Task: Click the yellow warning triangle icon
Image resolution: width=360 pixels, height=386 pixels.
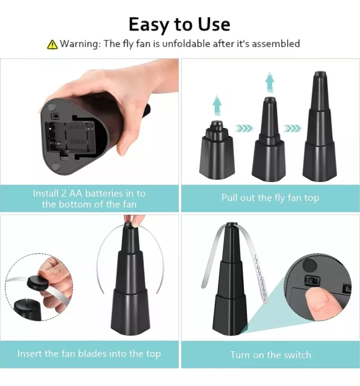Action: point(52,44)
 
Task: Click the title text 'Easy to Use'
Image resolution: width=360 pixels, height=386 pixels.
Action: point(179,24)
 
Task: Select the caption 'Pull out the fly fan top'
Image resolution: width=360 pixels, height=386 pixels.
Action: point(270,198)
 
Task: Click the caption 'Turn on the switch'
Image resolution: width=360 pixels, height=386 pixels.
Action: point(270,354)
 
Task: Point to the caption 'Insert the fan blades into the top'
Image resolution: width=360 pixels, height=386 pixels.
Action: point(89,353)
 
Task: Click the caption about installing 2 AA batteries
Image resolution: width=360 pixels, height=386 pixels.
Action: point(89,199)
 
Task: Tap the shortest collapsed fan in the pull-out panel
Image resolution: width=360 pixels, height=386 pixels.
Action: point(216,153)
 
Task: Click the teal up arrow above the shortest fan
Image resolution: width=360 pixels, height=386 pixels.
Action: point(216,104)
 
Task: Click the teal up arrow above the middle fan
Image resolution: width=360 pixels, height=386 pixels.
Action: point(269,83)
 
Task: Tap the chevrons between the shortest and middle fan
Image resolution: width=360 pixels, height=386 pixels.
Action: point(243,128)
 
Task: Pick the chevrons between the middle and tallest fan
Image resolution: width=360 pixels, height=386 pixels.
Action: point(294,128)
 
